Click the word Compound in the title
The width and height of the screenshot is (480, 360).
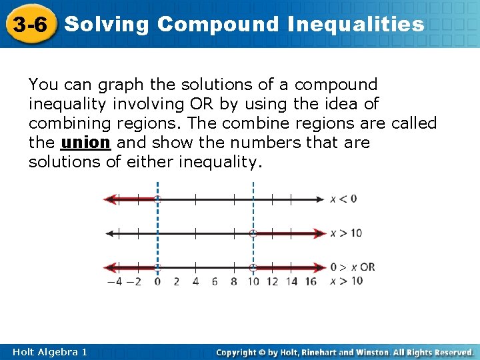219,25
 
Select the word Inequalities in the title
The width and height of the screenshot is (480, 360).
356,25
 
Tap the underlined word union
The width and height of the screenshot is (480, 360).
85,143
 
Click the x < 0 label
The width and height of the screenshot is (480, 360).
343,199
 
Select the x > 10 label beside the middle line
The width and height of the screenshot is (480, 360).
346,233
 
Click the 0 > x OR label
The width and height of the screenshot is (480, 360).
353,267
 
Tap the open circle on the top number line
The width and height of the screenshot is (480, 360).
157,199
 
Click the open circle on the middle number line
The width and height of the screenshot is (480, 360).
253,233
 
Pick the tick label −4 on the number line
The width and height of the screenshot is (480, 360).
115,281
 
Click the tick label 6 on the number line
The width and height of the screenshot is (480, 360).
215,281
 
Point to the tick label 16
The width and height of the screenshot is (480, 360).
311,281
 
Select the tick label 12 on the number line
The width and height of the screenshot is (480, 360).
272,281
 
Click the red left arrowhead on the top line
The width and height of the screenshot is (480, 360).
111,199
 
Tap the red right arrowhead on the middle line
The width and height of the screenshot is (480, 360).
319,233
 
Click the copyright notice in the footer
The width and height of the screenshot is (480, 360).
345,351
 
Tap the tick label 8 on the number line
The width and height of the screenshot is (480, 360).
234,281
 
